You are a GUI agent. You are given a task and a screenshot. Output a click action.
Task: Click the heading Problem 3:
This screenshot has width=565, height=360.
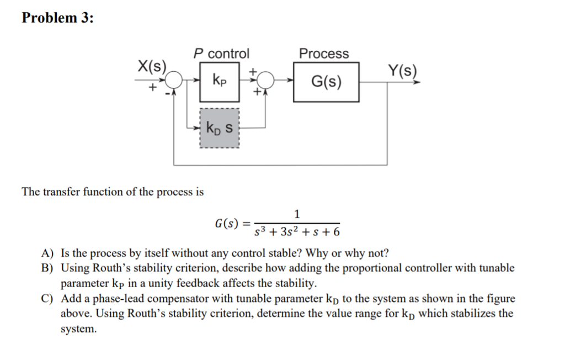pos(58,18)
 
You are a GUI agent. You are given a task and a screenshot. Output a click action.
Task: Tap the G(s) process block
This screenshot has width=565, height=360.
pos(326,82)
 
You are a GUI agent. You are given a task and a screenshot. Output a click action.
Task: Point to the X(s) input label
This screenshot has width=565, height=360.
pos(152,67)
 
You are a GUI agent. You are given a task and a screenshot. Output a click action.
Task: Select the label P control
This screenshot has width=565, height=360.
pos(221,54)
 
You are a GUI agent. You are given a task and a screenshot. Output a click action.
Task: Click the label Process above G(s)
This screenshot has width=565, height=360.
pos(324,54)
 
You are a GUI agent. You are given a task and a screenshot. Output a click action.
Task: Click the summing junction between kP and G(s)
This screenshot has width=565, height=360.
pos(267,81)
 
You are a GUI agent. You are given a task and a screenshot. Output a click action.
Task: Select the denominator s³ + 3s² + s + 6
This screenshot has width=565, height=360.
pos(297,231)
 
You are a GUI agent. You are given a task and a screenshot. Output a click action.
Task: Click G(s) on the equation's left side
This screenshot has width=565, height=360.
pos(227,224)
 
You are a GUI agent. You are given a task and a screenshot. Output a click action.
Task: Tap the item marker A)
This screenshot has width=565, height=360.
pos(48,254)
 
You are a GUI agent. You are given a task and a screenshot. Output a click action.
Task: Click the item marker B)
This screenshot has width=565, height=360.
pos(48,268)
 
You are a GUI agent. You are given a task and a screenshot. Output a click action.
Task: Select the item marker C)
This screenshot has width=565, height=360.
pos(48,299)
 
